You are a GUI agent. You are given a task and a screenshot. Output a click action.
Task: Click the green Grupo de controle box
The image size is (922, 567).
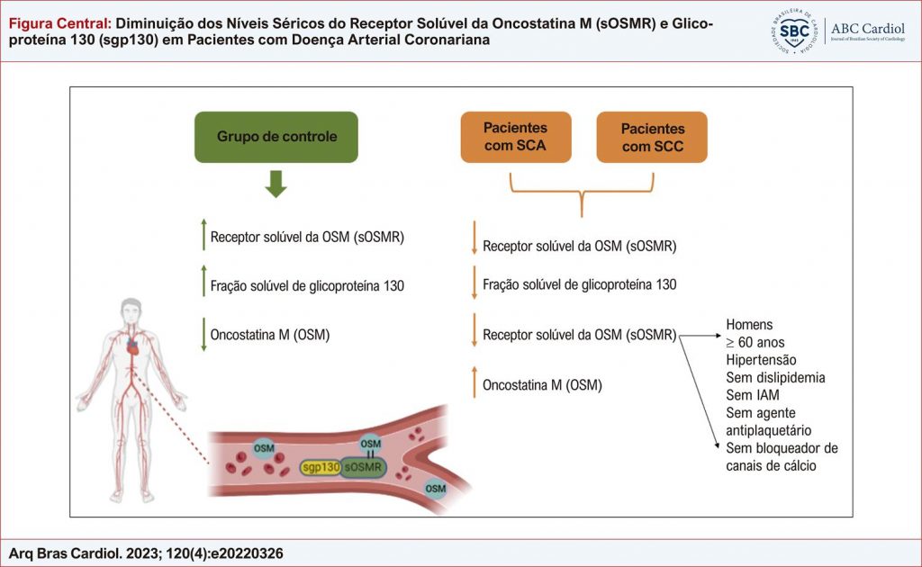click(276, 137)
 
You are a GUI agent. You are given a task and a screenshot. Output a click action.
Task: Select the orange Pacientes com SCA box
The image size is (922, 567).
click(515, 137)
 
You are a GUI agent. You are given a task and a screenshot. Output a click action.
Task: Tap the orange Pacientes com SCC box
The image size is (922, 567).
click(652, 137)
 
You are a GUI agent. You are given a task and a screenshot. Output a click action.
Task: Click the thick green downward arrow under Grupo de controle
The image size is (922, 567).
click(276, 184)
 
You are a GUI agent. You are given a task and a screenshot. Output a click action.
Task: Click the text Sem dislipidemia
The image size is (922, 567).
click(775, 377)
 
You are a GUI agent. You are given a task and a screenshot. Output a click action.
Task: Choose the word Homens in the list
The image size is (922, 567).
click(749, 325)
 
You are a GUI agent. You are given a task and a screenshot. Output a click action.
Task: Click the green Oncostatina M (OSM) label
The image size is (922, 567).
click(270, 335)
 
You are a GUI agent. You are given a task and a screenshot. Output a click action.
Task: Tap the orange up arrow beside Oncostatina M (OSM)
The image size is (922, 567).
click(474, 384)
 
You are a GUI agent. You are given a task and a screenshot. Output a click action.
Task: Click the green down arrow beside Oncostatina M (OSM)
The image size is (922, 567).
click(203, 335)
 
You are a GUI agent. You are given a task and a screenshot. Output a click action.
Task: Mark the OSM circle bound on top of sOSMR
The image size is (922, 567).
click(370, 444)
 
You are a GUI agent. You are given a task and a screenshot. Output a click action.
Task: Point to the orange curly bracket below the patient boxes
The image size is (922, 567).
click(583, 191)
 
